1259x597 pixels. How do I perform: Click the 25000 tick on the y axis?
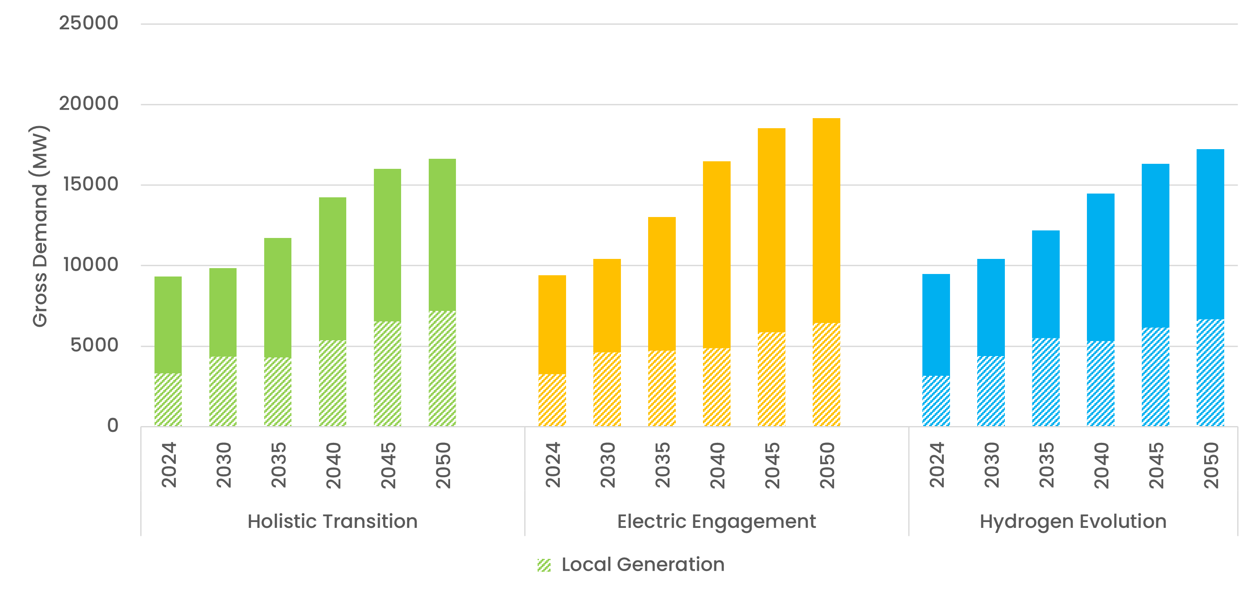coord(88,23)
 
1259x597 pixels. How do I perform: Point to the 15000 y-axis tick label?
coord(91,184)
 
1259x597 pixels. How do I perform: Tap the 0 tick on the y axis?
coord(113,425)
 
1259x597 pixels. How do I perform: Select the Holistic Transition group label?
coord(332,521)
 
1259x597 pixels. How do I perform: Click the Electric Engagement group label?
coord(716,521)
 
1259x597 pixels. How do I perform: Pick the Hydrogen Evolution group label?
coord(1073,521)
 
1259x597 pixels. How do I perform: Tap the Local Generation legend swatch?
coord(544,565)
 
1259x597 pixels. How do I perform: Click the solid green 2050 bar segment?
coord(442,235)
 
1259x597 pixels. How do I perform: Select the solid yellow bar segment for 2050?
coord(826,220)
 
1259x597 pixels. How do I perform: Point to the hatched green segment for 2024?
coord(168,400)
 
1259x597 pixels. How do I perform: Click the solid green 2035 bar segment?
coord(278,297)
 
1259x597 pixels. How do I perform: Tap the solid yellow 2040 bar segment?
coord(716,254)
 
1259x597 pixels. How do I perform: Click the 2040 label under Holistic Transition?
coord(333,465)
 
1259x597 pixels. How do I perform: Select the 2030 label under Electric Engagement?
coord(608,465)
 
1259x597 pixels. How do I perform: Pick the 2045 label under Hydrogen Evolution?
coord(1156,465)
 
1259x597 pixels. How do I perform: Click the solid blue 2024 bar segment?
coord(936,325)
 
